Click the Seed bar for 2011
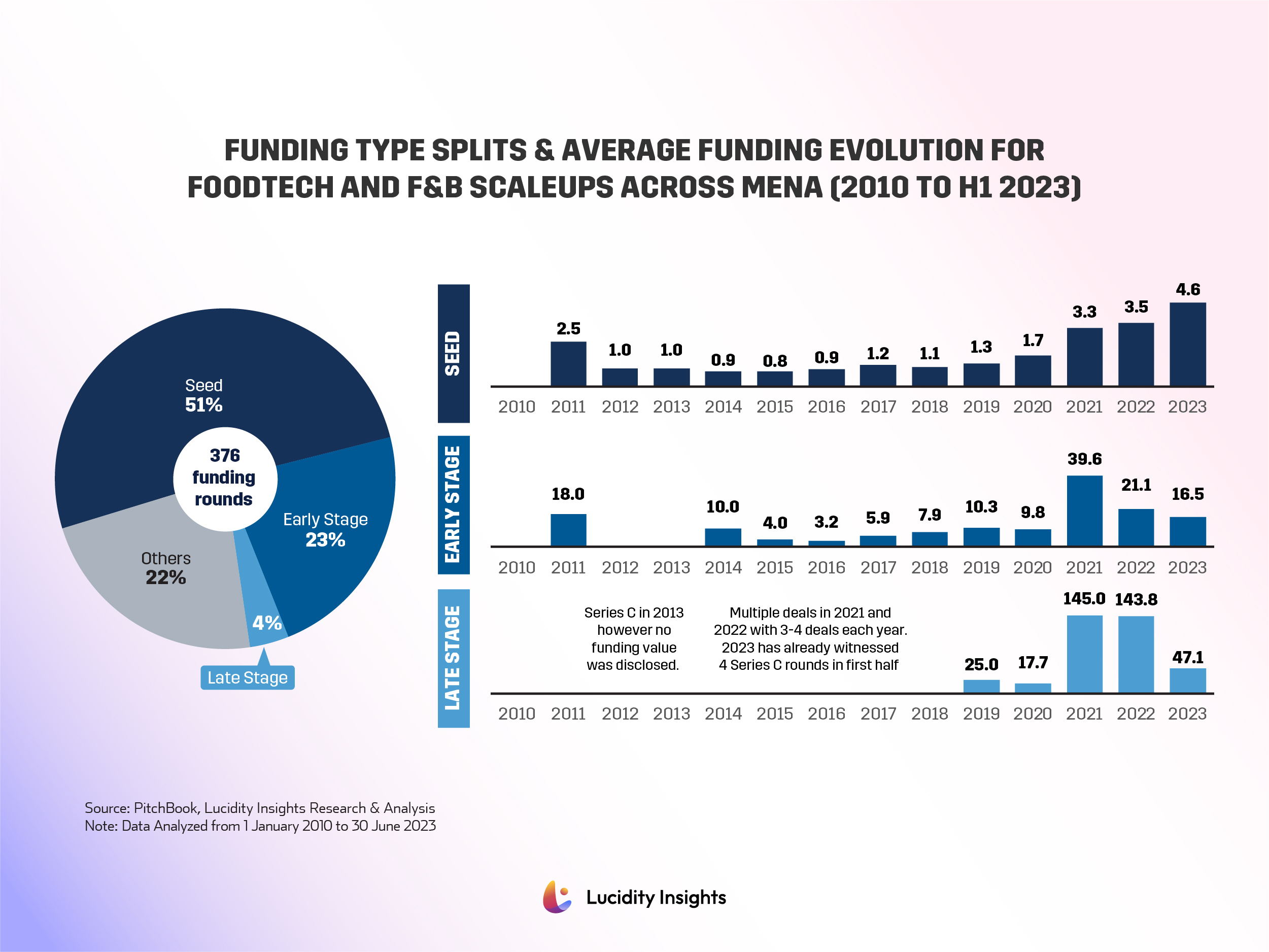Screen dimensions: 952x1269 pyautogui.click(x=568, y=363)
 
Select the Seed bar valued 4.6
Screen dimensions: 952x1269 pyautogui.click(x=1187, y=344)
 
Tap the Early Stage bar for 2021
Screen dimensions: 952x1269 pyautogui.click(x=1084, y=510)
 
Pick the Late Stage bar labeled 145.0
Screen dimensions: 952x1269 pyautogui.click(x=1084, y=654)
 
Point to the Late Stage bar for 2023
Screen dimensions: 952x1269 pyautogui.click(x=1187, y=680)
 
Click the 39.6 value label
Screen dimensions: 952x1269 pyautogui.click(x=1084, y=459)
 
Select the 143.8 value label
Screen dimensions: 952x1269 pyautogui.click(x=1136, y=600)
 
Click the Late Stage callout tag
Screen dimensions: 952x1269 pyautogui.click(x=247, y=677)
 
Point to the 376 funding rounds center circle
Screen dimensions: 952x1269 pyautogui.click(x=225, y=478)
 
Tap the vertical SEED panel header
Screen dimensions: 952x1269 pyautogui.click(x=453, y=354)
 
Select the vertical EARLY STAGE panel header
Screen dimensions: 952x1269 pyautogui.click(x=453, y=504)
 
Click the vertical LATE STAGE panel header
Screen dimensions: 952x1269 pyautogui.click(x=453, y=658)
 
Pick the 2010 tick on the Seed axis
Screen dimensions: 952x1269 pyautogui.click(x=517, y=407)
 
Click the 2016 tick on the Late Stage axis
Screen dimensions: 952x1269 pyautogui.click(x=826, y=714)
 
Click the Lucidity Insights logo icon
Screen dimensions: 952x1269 pyautogui.click(x=557, y=897)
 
